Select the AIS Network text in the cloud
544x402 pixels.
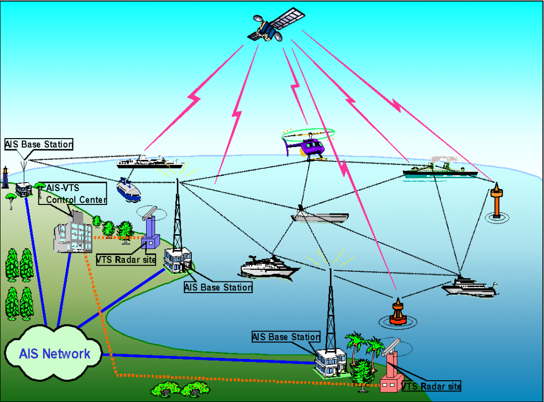[55, 354]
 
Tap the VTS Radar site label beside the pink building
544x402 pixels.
[431, 386]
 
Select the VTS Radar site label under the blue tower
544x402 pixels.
[126, 260]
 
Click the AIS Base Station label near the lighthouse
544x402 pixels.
[39, 144]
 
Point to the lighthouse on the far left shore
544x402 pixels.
[5, 177]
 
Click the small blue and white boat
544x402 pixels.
[129, 189]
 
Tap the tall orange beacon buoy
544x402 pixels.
[496, 200]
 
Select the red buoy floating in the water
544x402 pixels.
[397, 313]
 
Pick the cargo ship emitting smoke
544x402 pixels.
[436, 169]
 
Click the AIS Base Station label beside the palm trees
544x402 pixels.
[286, 337]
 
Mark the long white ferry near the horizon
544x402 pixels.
[149, 162]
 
